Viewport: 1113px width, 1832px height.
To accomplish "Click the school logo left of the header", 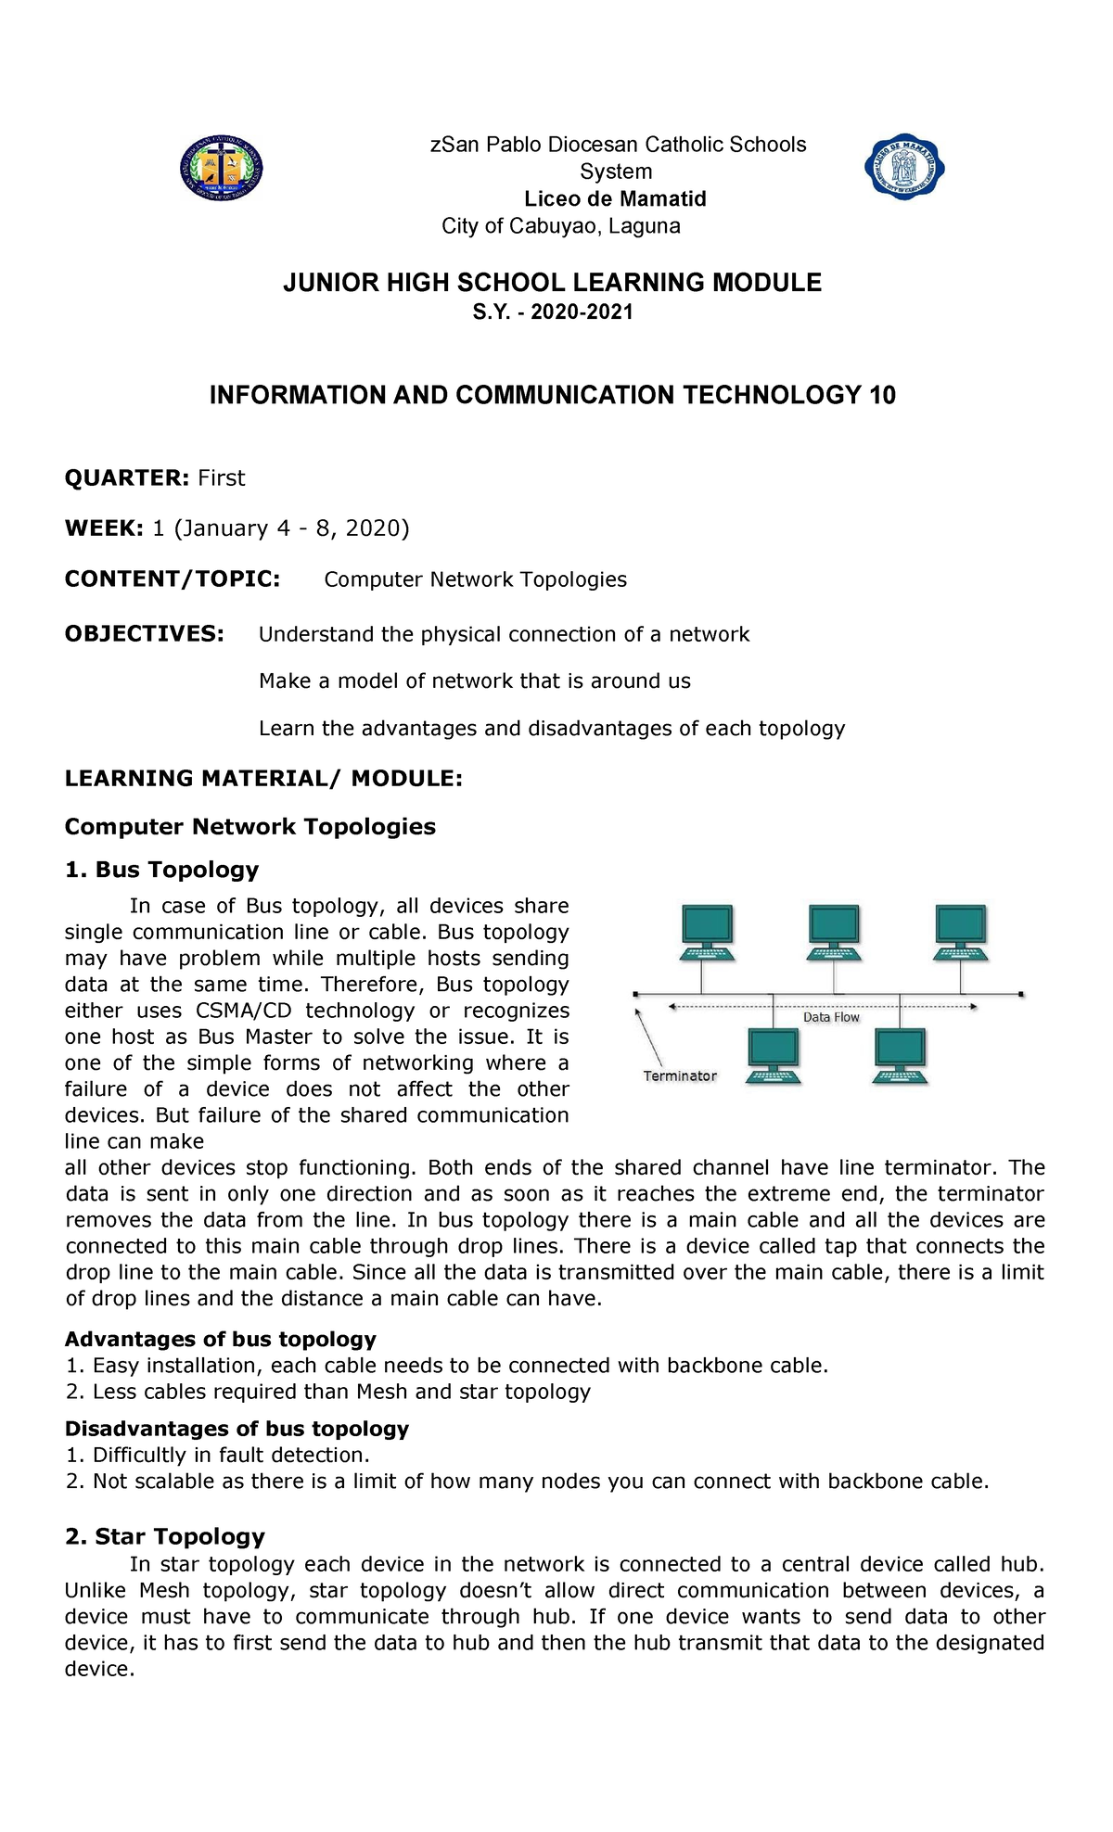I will click(x=221, y=168).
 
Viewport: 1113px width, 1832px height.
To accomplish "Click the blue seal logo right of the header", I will click(x=904, y=167).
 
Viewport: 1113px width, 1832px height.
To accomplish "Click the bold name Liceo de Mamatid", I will click(x=615, y=198).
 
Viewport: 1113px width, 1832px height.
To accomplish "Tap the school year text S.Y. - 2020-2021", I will click(x=553, y=312).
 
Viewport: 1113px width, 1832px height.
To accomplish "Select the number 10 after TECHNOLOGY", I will click(x=882, y=395).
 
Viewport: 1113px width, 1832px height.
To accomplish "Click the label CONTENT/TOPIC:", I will click(x=173, y=579).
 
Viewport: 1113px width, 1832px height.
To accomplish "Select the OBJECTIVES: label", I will click(x=144, y=633).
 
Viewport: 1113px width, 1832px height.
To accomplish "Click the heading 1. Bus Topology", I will click(x=161, y=869).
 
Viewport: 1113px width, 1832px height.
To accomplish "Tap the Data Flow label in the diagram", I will click(x=831, y=1017).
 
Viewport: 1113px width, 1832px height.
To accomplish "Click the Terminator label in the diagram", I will click(x=680, y=1075).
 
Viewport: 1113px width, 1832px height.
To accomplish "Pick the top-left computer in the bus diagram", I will click(x=708, y=932).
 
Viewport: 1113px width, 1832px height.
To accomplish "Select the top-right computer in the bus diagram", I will click(x=961, y=932).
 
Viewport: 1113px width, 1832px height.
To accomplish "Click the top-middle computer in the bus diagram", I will click(x=834, y=932).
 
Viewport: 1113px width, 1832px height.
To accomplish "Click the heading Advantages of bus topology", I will click(x=220, y=1339).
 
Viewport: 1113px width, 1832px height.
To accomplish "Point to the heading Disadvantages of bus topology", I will click(x=237, y=1428).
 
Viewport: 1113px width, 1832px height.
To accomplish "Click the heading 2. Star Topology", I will click(x=165, y=1536).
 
